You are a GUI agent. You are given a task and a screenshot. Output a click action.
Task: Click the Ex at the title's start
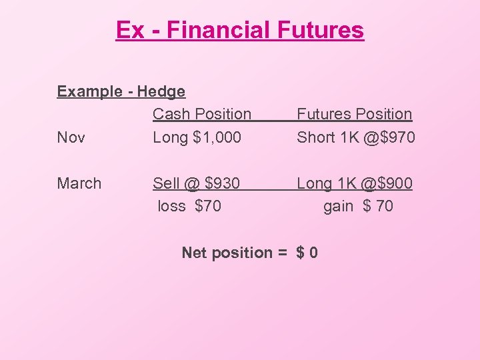coord(129,30)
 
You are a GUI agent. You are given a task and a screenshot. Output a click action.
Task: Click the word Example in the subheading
coord(89,91)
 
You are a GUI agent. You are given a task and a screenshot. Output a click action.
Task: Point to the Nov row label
coord(71,138)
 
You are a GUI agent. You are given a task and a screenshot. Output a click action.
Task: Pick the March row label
coord(79,183)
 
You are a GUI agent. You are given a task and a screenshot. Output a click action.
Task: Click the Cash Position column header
coord(202,114)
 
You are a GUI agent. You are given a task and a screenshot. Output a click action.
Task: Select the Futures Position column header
coord(355,114)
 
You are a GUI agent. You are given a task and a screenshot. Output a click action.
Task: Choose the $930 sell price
coord(223,183)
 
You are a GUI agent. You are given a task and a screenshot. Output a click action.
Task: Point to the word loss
coord(172,207)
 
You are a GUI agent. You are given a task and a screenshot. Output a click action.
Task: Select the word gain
coord(339,207)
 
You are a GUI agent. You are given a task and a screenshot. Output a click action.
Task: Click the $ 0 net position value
coord(307,253)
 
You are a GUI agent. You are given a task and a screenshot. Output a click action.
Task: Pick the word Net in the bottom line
coord(195,253)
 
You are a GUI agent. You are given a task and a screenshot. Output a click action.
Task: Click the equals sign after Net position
coord(283,253)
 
